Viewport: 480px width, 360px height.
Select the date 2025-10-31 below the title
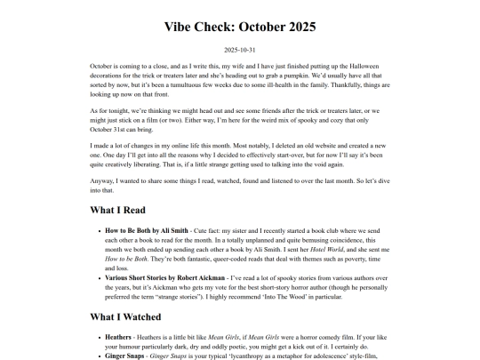point(240,50)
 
